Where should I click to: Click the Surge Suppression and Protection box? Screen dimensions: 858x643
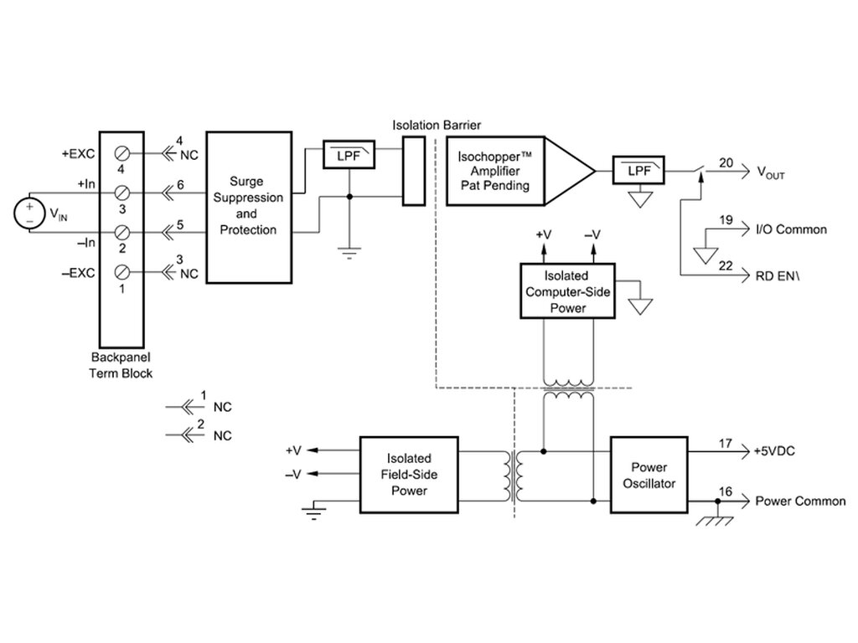pos(249,208)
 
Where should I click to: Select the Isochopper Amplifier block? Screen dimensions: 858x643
pos(520,171)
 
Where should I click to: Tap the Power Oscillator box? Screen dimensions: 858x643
pos(649,475)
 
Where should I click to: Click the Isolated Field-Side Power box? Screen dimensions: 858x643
pos(409,475)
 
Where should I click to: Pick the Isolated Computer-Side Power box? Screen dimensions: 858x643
pos(567,291)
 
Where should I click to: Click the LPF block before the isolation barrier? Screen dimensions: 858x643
pos(349,155)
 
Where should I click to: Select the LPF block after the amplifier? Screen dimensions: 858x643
pos(638,170)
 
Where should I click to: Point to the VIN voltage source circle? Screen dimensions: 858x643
pos(29,213)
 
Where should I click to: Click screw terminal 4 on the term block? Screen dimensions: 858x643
pos(122,154)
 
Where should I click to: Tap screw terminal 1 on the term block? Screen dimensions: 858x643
pos(122,272)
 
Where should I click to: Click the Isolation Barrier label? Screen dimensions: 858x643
pos(437,126)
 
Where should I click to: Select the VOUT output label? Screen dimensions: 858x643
pos(771,172)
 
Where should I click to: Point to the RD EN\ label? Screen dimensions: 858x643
pos(777,276)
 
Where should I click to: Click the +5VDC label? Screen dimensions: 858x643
pos(774,451)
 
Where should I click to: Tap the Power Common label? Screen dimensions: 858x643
pos(800,502)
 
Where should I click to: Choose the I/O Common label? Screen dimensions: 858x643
pos(791,229)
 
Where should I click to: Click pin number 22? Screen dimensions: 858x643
pos(726,265)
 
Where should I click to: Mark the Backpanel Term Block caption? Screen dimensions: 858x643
pos(121,365)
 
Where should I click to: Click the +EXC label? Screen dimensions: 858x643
pos(78,154)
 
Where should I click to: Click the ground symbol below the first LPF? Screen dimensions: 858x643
pos(349,253)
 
